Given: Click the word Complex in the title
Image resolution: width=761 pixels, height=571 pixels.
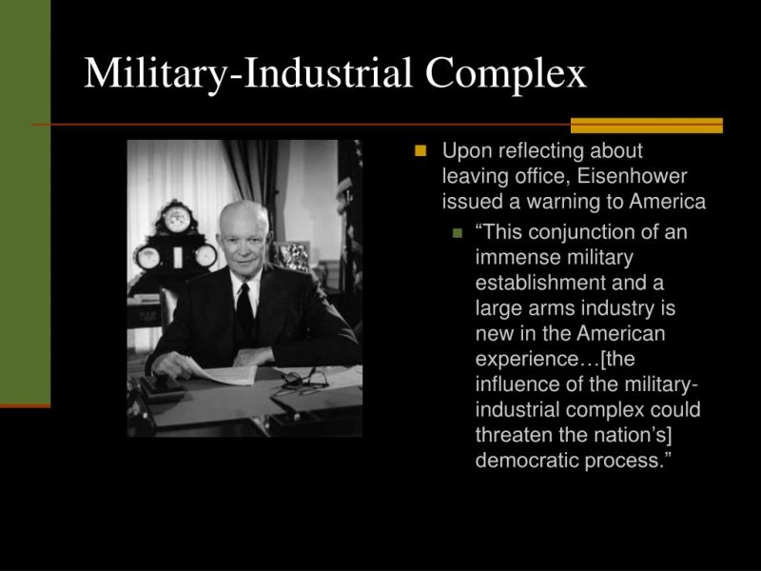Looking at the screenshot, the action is (x=506, y=74).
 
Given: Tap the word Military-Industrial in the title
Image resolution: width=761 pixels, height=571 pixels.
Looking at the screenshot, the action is (x=248, y=74).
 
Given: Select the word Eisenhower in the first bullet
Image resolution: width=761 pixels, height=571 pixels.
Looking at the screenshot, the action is (x=632, y=176).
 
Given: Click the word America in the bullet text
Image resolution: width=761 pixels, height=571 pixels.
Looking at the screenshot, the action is (x=668, y=201).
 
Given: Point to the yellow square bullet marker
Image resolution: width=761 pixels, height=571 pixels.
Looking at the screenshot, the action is (x=420, y=150).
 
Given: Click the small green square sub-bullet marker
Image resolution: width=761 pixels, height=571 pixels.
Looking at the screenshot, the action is (x=458, y=232).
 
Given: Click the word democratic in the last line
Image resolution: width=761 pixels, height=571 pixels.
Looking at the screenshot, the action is (x=527, y=460).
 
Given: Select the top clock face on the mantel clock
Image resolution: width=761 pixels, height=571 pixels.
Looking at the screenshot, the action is (x=176, y=219).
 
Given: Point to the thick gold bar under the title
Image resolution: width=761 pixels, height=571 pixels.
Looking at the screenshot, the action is (x=647, y=126).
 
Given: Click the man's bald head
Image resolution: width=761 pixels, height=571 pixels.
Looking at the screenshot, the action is (x=244, y=216).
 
